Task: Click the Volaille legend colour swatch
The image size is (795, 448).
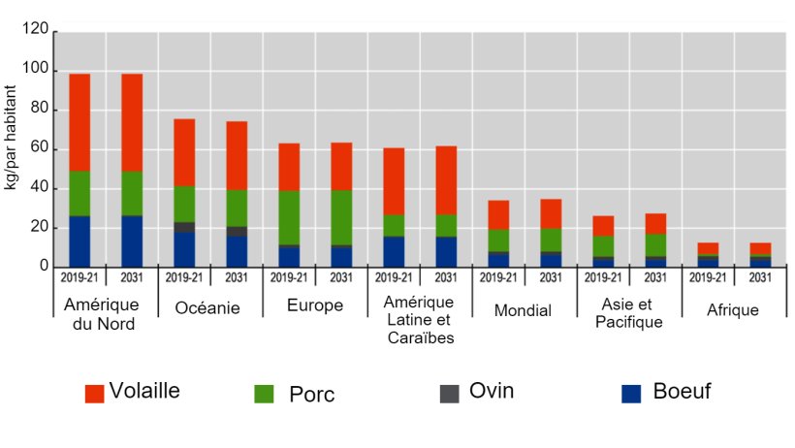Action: click(x=94, y=393)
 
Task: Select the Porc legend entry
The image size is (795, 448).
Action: click(x=311, y=395)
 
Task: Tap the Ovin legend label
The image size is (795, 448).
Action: click(x=492, y=391)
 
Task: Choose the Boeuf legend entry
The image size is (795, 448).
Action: click(x=682, y=392)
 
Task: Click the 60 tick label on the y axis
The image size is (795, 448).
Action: click(x=40, y=148)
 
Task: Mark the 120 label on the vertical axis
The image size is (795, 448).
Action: click(x=36, y=31)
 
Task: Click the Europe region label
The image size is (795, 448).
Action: click(x=314, y=306)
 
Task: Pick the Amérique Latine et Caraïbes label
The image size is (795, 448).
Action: click(x=419, y=320)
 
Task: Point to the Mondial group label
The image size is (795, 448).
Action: click(x=524, y=310)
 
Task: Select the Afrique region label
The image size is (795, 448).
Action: click(x=733, y=310)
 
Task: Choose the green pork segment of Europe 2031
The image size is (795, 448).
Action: click(x=341, y=217)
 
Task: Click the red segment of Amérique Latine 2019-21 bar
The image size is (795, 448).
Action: click(x=394, y=181)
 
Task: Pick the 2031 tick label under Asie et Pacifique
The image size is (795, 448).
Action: click(x=655, y=275)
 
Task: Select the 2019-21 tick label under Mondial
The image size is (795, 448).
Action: click(x=497, y=275)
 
